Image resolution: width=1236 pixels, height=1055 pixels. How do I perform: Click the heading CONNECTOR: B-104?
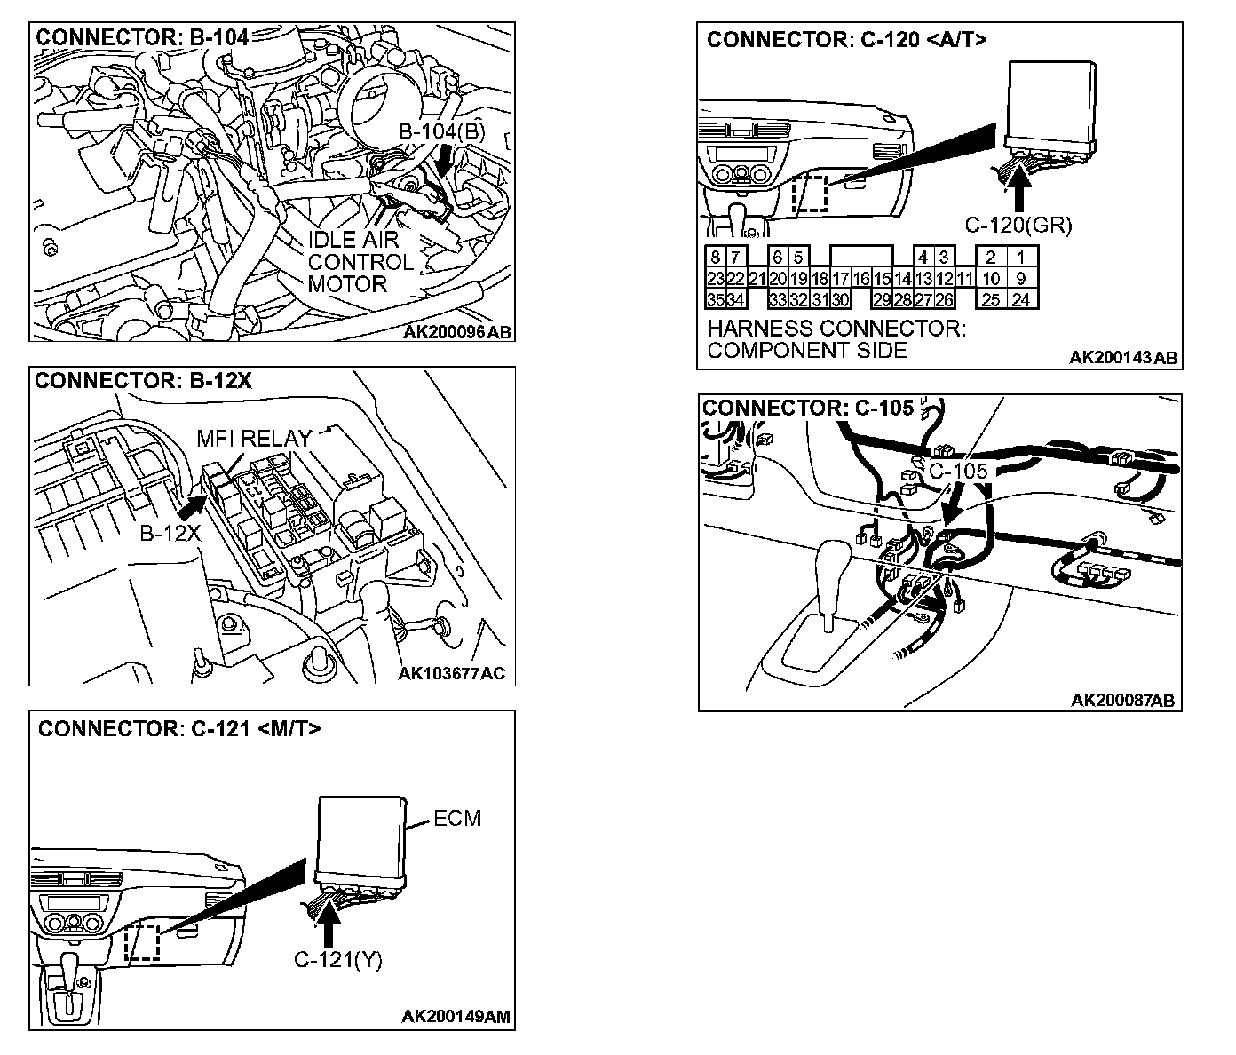pos(142,37)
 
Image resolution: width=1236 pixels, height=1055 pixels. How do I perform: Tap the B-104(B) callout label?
pos(441,132)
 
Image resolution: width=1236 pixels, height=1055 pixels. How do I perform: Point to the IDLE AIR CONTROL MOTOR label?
pos(360,262)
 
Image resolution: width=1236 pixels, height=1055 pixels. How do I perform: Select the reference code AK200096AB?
pos(457,332)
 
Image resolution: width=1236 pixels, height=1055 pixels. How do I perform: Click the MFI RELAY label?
pos(254,439)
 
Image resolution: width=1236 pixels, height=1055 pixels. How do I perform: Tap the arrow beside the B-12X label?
pos(190,509)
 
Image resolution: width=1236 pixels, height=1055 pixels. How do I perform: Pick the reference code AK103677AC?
pos(451,673)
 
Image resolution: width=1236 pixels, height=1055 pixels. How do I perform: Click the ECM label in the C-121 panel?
pos(457,818)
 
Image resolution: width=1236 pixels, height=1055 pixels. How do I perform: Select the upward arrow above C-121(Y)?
pos(329,924)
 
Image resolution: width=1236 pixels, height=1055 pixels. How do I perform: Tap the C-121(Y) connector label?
pos(337,960)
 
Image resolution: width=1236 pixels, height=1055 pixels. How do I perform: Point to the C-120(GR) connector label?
pos(1018,226)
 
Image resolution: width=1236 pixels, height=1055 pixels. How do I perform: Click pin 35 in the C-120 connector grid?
pos(715,300)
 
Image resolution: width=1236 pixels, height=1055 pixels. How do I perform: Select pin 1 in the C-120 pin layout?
pos(1021,258)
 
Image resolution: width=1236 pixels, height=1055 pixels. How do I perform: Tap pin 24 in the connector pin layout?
pos(1021,300)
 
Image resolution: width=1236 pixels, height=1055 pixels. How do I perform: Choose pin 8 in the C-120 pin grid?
pos(715,258)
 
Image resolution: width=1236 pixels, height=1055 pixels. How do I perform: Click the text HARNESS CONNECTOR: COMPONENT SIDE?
pos(835,339)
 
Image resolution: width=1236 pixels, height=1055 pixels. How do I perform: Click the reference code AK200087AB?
pos(1122,701)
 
